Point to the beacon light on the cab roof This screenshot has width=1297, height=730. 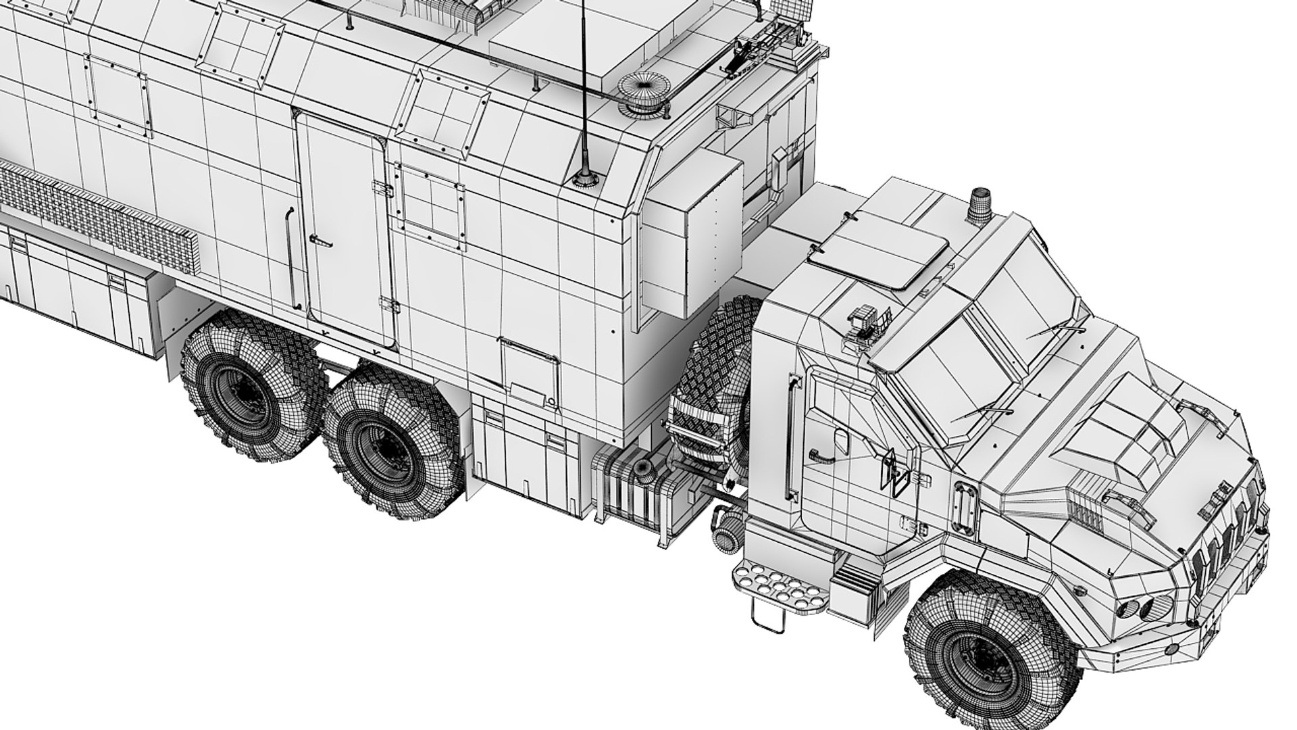(x=979, y=206)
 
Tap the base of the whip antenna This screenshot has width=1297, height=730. (x=582, y=180)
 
